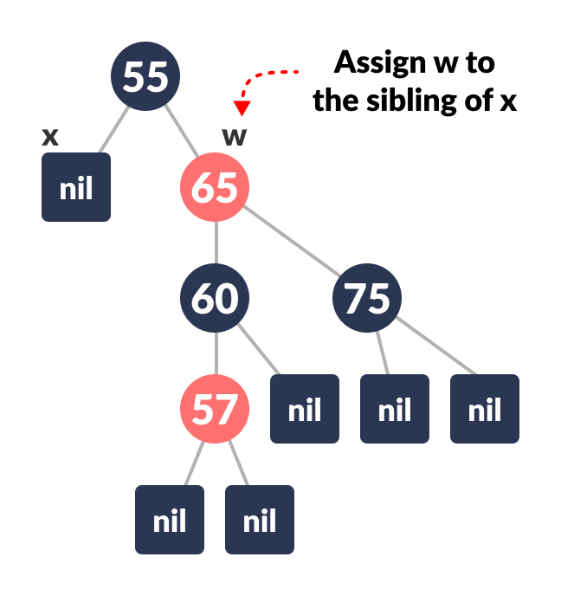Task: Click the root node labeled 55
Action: (x=145, y=76)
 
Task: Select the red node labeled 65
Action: (x=215, y=187)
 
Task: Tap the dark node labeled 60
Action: (x=215, y=298)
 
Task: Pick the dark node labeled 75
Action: (x=367, y=298)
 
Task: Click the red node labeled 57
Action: (x=215, y=408)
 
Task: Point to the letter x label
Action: (x=50, y=136)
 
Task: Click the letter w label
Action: (x=235, y=136)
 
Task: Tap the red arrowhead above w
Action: (x=242, y=108)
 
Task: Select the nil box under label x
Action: (x=76, y=187)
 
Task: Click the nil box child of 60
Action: (x=305, y=409)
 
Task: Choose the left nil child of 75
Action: (x=395, y=409)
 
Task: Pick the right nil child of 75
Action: (x=485, y=409)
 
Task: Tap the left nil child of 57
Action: (x=170, y=520)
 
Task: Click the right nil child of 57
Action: (x=260, y=520)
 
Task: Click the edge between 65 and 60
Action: (x=216, y=243)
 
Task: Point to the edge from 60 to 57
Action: (x=216, y=353)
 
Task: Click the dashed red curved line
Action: (x=264, y=76)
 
